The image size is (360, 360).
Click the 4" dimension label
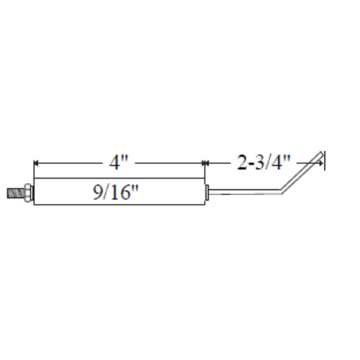click(118, 163)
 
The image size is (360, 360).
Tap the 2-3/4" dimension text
click(263, 163)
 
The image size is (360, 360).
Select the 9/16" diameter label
click(115, 192)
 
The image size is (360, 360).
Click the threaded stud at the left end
click(16, 193)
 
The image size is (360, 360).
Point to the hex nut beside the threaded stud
click(28, 193)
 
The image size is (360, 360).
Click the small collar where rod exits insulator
click(207, 192)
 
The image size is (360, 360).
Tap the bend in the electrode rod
click(281, 191)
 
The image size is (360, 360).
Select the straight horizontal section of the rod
click(245, 192)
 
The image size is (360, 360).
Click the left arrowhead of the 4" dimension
click(36, 163)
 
